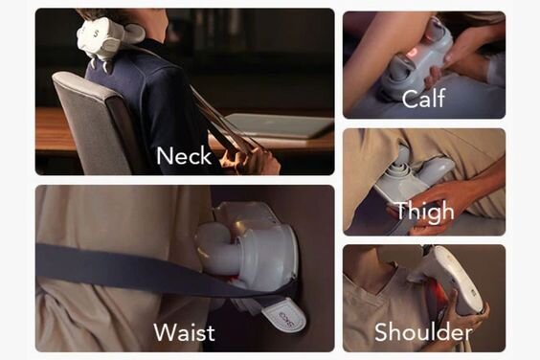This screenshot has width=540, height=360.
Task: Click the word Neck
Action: [x=184, y=155]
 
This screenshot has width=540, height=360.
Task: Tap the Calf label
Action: [x=423, y=99]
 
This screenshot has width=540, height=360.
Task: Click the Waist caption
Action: [x=184, y=332]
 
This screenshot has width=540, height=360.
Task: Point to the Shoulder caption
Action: [x=423, y=332]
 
